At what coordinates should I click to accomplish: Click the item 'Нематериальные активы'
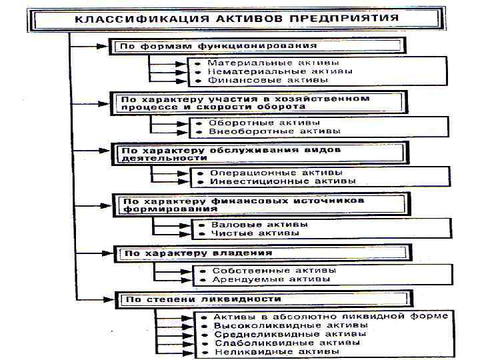tap(270, 71)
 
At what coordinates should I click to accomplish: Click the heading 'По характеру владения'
tap(199, 253)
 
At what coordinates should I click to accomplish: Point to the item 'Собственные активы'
tap(274, 271)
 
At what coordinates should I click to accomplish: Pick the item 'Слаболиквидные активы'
tap(287, 342)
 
